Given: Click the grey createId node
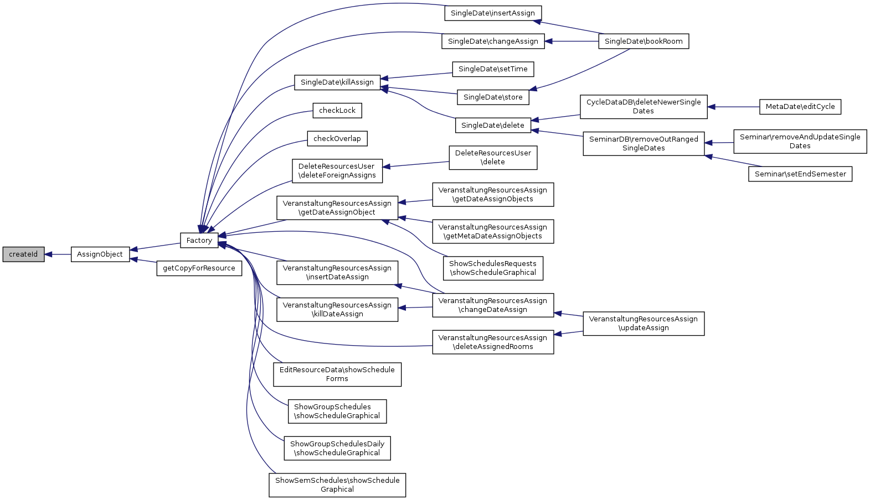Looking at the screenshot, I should click(x=23, y=254).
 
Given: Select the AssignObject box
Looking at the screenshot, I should click(x=100, y=254).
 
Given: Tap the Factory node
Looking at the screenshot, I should click(x=199, y=241).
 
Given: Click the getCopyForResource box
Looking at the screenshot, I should click(x=199, y=268).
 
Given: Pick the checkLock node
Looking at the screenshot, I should click(x=337, y=111).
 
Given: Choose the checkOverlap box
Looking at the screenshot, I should click(x=337, y=139).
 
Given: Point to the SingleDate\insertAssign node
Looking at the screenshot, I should click(x=493, y=13).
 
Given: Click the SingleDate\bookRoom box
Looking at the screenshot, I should click(x=644, y=41).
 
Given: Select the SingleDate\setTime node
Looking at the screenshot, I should click(x=493, y=69).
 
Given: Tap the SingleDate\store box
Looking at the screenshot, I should click(x=493, y=97).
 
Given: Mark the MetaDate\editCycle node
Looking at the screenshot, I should click(x=800, y=107).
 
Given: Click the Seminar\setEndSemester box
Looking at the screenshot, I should click(x=800, y=174).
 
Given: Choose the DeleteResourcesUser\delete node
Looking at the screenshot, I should click(x=493, y=158).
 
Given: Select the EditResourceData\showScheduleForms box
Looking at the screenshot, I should click(x=337, y=374).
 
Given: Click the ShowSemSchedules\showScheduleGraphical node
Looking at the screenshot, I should click(x=337, y=485).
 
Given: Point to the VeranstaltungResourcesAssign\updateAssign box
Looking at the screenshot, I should click(x=644, y=324).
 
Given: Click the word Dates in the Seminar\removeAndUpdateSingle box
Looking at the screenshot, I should click(x=800, y=146).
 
